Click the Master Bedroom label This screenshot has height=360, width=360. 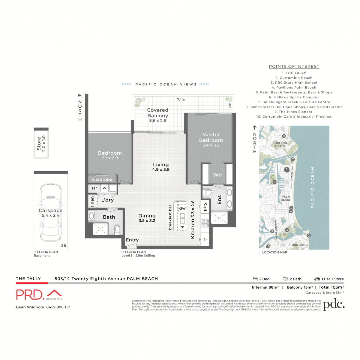click(211, 137)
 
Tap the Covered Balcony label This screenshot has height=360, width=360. click(157, 113)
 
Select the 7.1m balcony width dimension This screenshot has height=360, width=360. click(181, 99)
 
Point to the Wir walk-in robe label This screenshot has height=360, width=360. click(217, 175)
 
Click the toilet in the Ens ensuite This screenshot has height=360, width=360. click(207, 192)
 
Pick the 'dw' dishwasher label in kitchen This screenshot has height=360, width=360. click(182, 208)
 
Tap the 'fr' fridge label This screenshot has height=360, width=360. click(205, 240)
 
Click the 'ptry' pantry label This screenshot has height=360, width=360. click(205, 207)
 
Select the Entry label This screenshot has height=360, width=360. click(132, 240)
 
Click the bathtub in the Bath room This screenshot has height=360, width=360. click(91, 215)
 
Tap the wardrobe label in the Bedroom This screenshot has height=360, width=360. click(102, 179)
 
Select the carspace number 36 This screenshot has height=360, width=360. click(64, 245)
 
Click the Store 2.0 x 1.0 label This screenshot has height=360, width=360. click(41, 143)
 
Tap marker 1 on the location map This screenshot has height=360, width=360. click(286, 170)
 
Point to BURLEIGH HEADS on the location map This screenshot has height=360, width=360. click(280, 145)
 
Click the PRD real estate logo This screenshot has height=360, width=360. click(39, 295)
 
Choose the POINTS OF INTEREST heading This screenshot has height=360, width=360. click(294, 67)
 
